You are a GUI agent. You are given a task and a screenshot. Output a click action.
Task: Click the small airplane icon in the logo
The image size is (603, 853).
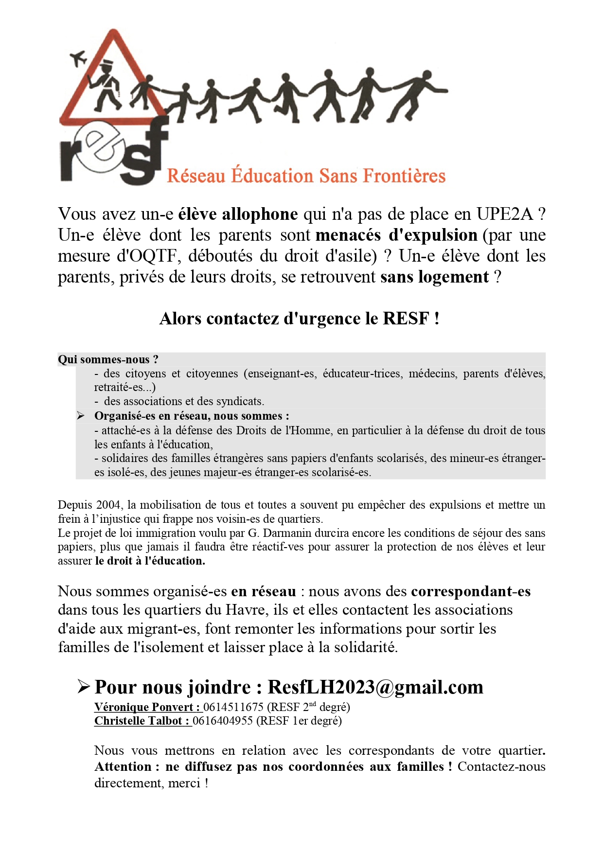click(x=78, y=58)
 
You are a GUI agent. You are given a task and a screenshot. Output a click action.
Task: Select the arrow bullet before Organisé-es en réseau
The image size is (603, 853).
click(x=81, y=416)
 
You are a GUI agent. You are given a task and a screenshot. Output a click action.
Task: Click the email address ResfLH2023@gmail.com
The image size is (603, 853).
click(x=375, y=687)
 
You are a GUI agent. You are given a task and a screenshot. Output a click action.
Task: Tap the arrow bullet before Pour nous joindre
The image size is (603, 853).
click(x=84, y=687)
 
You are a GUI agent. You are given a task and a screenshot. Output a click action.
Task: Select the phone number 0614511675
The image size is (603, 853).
click(x=233, y=707)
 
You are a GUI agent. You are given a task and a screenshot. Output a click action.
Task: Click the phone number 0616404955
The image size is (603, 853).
click(x=223, y=721)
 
